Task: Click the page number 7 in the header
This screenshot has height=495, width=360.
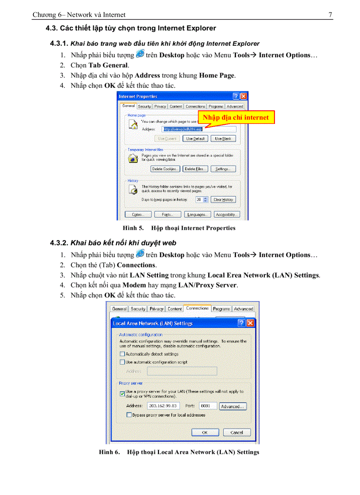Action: (x=330, y=15)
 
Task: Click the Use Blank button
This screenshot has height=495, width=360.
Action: (x=223, y=138)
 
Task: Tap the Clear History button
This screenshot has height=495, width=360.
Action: (x=223, y=200)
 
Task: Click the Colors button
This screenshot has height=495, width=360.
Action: (x=137, y=215)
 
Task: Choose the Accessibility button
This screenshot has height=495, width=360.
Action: (x=227, y=215)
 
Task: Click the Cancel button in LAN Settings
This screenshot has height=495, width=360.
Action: (x=237, y=432)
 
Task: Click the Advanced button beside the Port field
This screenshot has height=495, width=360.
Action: (x=232, y=406)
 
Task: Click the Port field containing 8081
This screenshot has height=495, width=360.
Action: (x=207, y=406)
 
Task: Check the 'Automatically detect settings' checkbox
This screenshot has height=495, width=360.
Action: (x=122, y=354)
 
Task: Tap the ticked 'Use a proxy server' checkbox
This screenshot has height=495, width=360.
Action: (x=122, y=393)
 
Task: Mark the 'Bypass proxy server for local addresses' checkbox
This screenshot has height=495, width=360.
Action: (x=129, y=415)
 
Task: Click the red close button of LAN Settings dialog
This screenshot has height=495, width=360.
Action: (x=251, y=323)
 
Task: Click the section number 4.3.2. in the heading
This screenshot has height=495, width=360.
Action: (x=59, y=243)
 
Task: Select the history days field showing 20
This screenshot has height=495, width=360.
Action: (x=199, y=200)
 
